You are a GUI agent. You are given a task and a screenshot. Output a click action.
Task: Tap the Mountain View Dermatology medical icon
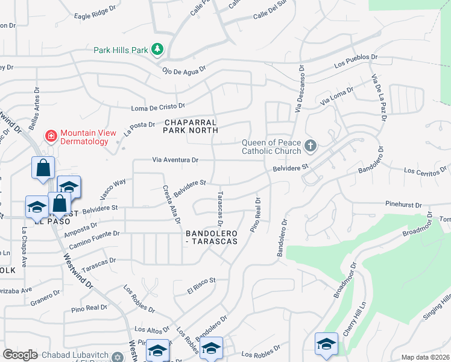[x=51, y=136]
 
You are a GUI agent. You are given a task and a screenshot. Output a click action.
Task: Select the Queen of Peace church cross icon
[x=311, y=145]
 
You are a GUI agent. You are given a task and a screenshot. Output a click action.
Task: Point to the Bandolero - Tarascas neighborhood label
[x=211, y=237]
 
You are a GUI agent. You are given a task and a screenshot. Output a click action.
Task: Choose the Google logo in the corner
[x=19, y=355]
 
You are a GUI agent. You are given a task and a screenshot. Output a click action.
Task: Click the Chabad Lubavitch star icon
[x=118, y=356]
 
